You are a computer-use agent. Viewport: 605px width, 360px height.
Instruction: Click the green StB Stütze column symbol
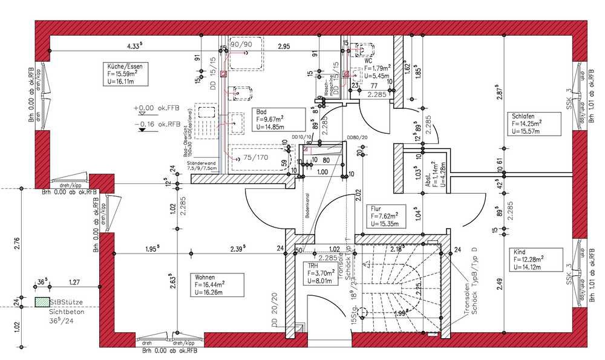point(41,301)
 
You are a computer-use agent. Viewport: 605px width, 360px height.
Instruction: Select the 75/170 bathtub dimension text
point(255,159)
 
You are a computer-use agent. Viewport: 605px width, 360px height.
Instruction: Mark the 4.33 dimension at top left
point(134,45)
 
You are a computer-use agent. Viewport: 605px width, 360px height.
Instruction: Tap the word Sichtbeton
point(66,312)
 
